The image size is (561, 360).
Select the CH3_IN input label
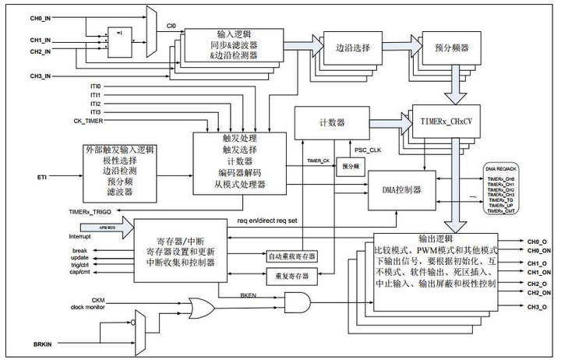[19, 76]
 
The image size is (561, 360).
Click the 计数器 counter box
[330, 122]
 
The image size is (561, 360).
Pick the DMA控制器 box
[401, 189]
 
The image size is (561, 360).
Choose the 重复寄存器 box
[292, 275]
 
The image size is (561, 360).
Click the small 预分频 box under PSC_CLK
[349, 166]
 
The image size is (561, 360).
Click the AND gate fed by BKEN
[298, 302]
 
